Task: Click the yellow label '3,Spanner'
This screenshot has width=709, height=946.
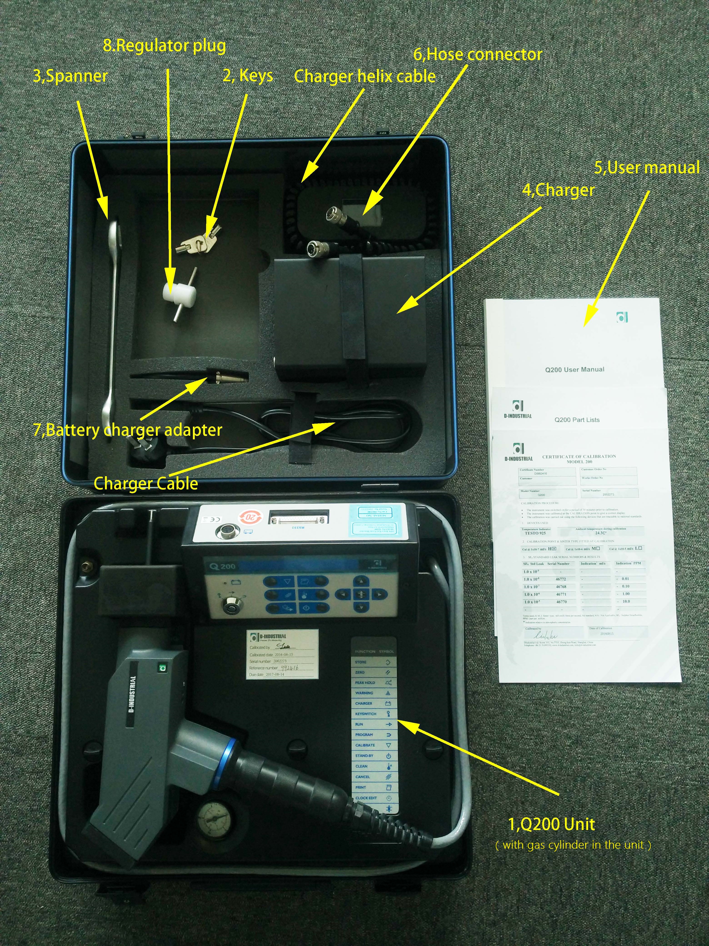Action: (x=70, y=76)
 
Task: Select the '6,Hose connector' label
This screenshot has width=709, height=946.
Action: (x=478, y=55)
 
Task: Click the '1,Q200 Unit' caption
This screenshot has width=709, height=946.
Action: (x=551, y=824)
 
